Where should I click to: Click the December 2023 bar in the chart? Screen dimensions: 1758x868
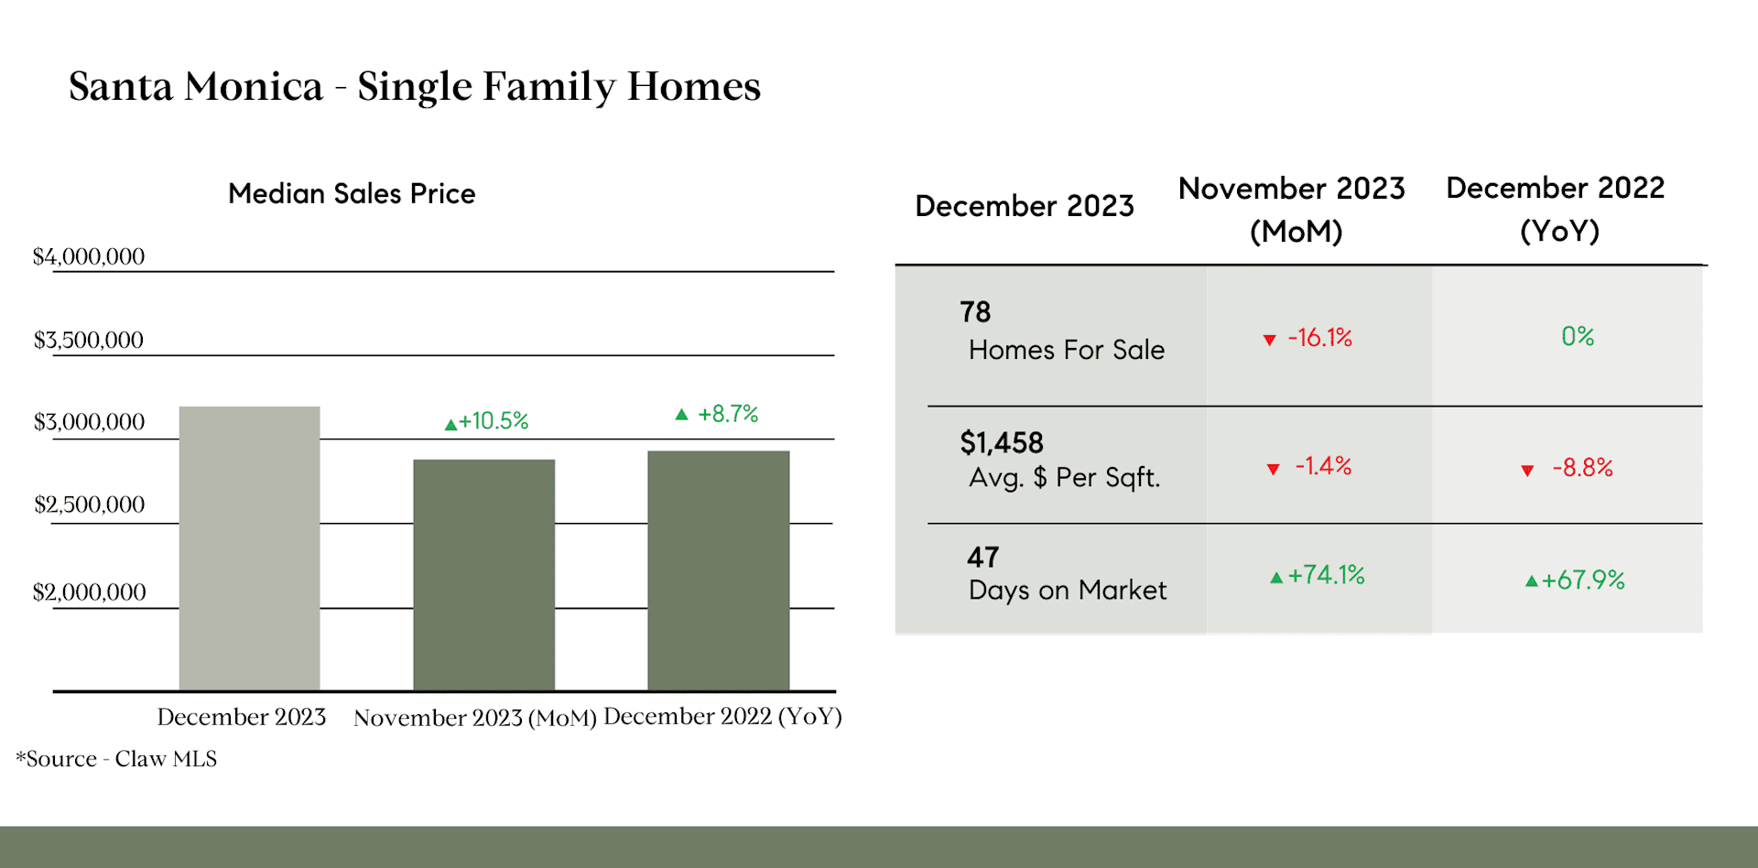(x=250, y=548)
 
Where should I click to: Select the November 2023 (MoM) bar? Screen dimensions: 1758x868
(x=484, y=575)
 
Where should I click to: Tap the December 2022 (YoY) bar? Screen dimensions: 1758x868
(x=719, y=570)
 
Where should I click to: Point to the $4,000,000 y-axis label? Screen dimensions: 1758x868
(x=89, y=256)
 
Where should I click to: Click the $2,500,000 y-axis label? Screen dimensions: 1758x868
(x=90, y=505)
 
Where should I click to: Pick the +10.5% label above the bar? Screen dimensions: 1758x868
(x=486, y=421)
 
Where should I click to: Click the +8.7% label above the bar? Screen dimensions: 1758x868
(x=717, y=414)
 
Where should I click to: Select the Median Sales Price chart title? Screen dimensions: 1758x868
(x=352, y=194)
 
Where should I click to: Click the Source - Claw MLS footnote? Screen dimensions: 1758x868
(x=116, y=759)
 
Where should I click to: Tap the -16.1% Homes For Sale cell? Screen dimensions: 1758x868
(x=1308, y=338)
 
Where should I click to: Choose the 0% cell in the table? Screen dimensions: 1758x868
(x=1578, y=336)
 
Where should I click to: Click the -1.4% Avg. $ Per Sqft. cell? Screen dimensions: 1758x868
(x=1309, y=466)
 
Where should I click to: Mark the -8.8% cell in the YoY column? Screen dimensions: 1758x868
(x=1567, y=468)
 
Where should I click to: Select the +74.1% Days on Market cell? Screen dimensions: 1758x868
(x=1318, y=575)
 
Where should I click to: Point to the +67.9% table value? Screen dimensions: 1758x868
(x=1575, y=580)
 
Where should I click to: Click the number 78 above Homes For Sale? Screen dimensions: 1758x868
(x=975, y=312)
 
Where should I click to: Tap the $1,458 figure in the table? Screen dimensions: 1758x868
(x=1002, y=443)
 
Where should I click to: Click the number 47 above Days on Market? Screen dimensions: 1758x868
(x=983, y=557)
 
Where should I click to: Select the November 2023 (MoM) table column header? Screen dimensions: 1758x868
(x=1292, y=210)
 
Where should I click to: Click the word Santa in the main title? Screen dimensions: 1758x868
(x=121, y=87)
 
